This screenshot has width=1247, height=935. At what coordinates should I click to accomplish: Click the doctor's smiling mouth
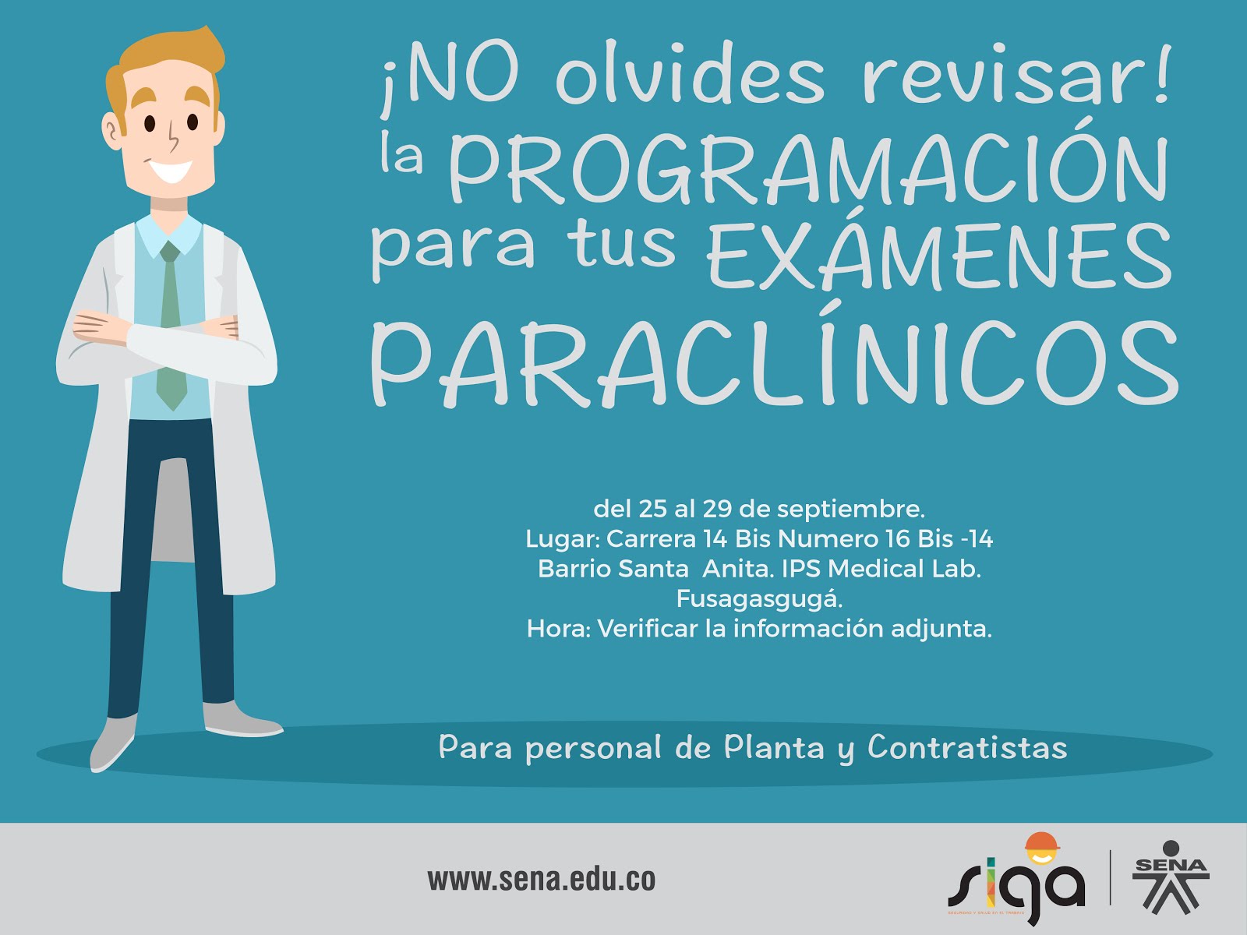click(171, 171)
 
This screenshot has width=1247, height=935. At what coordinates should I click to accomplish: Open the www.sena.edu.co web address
click(542, 880)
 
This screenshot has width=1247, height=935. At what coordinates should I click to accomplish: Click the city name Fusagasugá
click(759, 599)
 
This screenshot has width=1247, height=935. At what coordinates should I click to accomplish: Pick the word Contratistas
click(967, 747)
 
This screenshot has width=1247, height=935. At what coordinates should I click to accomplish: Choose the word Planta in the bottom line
click(774, 747)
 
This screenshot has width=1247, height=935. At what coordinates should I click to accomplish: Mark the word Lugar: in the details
click(563, 540)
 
